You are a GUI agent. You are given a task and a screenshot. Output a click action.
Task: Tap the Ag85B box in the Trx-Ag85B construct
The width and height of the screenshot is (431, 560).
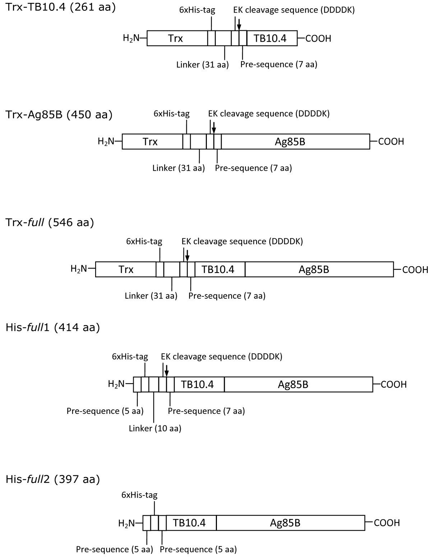coord(295,142)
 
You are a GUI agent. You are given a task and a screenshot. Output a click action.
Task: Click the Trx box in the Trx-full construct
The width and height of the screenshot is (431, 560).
coord(126,269)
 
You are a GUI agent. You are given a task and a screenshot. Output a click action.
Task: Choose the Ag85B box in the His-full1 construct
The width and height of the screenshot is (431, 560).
coord(298,385)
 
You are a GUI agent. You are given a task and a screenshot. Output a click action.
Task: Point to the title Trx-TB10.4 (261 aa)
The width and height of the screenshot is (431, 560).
coord(61,7)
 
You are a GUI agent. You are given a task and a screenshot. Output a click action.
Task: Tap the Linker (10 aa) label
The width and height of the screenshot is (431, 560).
coord(155,428)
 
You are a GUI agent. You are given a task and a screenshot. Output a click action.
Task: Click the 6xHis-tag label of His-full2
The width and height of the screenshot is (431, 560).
coord(139,495)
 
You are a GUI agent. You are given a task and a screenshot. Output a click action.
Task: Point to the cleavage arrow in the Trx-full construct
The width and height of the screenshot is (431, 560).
coord(187,256)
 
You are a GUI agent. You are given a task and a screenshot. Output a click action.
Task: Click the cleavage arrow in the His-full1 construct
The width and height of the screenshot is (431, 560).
coord(166,371)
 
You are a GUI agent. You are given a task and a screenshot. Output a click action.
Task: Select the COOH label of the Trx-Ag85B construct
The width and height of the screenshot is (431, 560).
coord(391,142)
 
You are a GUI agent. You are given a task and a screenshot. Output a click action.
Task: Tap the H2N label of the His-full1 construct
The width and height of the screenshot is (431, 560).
coord(116,384)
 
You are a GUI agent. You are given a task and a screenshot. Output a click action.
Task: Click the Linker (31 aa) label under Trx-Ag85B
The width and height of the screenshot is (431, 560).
coord(179,168)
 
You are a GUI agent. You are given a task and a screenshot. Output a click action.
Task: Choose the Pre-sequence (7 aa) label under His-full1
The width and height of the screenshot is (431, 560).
coord(207,411)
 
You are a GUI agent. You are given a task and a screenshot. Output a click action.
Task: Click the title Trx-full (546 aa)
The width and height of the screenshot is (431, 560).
coord(50,222)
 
